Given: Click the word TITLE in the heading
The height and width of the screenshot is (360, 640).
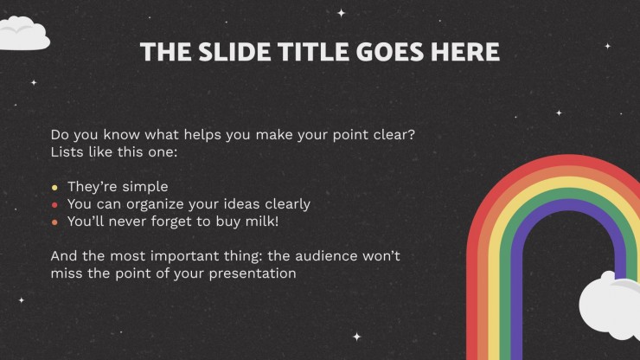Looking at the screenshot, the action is (313, 52).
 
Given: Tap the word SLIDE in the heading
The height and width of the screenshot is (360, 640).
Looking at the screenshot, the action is (234, 52).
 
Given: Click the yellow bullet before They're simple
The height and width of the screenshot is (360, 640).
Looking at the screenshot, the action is (54, 188).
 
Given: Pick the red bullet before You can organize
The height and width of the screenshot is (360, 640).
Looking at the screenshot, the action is (54, 205).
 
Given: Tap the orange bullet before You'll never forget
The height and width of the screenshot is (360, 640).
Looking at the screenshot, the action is (54, 222).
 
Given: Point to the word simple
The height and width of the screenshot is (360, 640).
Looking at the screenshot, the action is (145, 187).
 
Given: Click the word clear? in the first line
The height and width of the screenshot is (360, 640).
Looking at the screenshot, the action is (394, 134).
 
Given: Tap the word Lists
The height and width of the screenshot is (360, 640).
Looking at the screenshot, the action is (67, 152).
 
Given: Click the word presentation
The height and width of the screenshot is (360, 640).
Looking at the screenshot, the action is (253, 273).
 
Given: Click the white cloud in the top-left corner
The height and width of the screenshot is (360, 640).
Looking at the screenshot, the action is (24, 34).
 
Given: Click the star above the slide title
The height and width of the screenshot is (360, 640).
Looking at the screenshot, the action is (342, 13).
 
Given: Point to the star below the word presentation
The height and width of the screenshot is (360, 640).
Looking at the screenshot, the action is (356, 337).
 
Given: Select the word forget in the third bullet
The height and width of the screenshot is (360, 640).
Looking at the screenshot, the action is (171, 222).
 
